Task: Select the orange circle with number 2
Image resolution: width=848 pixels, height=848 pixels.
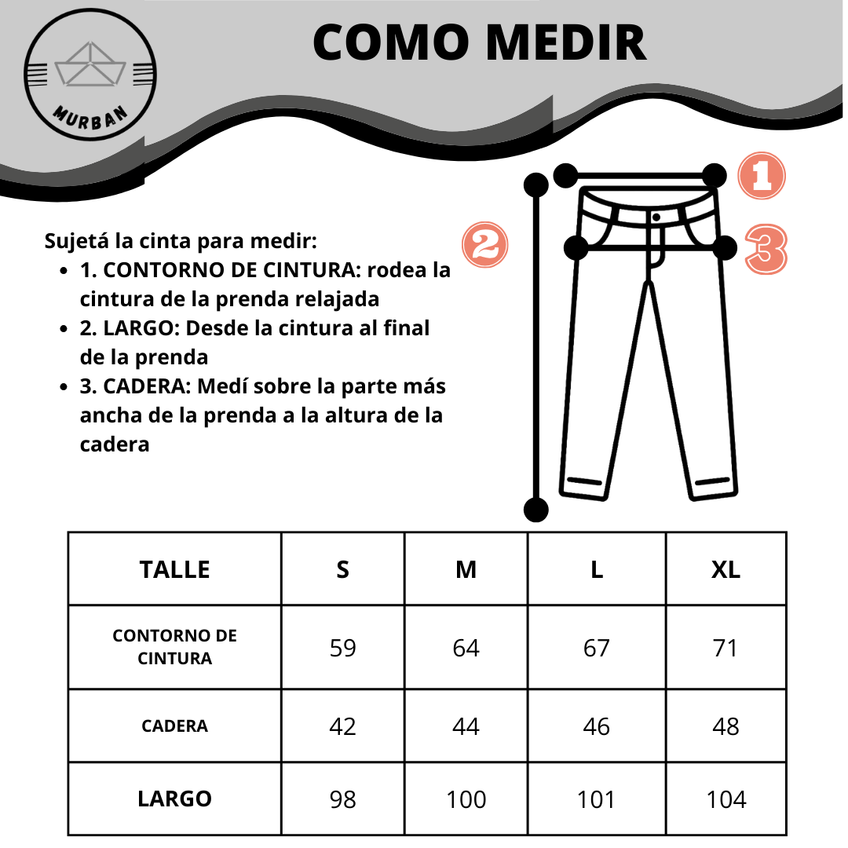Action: click(x=485, y=245)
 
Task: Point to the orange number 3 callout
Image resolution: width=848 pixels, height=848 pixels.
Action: click(x=766, y=250)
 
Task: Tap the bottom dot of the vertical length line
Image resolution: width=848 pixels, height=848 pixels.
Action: click(x=535, y=510)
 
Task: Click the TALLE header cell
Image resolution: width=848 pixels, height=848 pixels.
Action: click(x=174, y=569)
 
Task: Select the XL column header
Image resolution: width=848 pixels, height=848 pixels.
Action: click(x=726, y=569)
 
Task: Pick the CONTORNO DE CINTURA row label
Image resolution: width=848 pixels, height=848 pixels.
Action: click(x=174, y=647)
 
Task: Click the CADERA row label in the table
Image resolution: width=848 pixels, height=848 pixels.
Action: click(x=174, y=726)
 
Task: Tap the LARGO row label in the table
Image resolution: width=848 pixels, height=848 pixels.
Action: click(x=174, y=799)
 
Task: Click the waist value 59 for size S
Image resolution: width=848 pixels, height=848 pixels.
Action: click(x=342, y=648)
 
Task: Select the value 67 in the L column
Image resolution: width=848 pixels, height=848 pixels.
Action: click(x=596, y=648)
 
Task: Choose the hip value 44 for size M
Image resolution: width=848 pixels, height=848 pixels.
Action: click(x=466, y=726)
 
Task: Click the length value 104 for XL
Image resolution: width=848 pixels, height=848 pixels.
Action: click(x=726, y=799)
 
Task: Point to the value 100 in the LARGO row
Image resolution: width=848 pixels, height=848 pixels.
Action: click(x=466, y=799)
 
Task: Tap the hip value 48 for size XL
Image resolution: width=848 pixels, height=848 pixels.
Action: click(x=726, y=726)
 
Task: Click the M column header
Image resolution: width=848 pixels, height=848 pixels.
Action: click(x=466, y=569)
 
